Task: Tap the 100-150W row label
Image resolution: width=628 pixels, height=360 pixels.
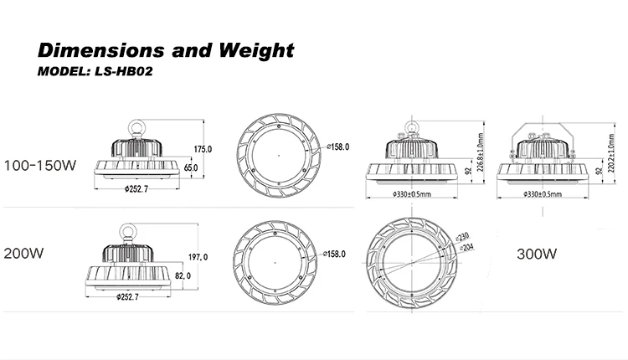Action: click(41, 165)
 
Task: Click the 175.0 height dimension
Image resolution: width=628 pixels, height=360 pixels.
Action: click(203, 149)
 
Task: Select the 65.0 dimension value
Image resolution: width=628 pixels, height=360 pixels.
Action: click(191, 168)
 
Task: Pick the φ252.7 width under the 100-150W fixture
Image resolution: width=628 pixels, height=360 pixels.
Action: click(135, 189)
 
